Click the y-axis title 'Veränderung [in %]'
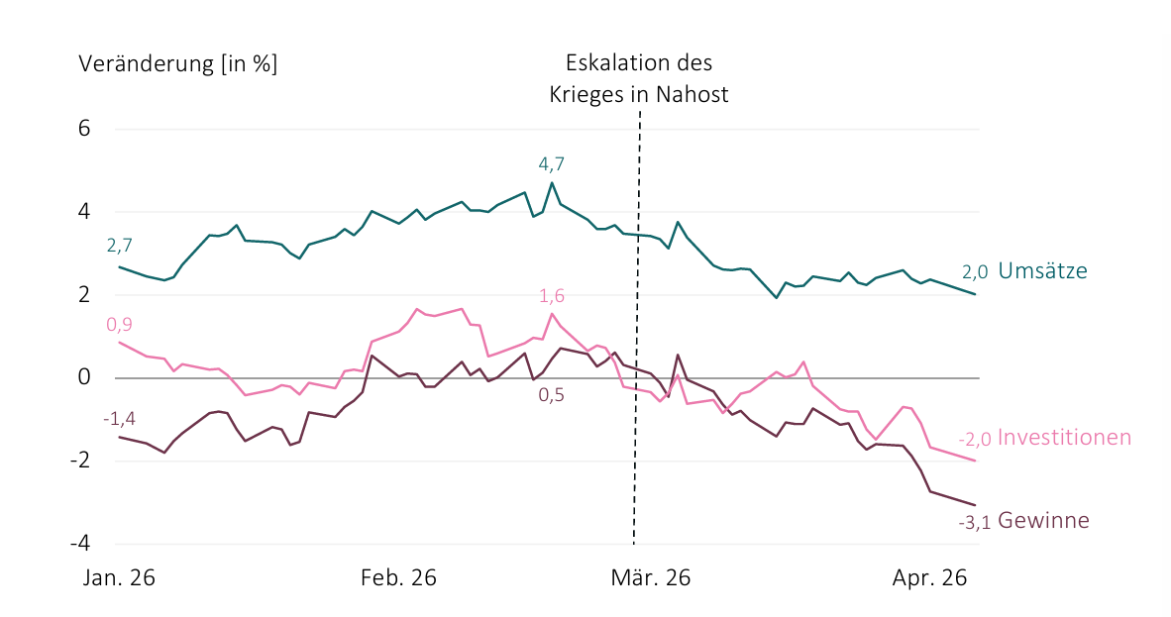[x=177, y=63]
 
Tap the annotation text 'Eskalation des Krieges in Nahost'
[x=639, y=78]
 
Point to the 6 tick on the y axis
[x=83, y=129]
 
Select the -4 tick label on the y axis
[x=80, y=543]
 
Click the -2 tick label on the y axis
[x=80, y=461]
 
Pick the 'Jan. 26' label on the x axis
[x=119, y=578]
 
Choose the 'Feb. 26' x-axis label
[x=398, y=578]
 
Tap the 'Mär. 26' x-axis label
[x=651, y=578]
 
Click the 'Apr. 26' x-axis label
[x=930, y=578]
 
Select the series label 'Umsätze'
[x=1042, y=270]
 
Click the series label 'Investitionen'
[x=1064, y=437]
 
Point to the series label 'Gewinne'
[x=1043, y=520]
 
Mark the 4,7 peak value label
[x=551, y=164]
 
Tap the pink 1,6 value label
[x=551, y=296]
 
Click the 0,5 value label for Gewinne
[x=551, y=395]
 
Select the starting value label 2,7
[x=120, y=246]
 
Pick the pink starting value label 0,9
[x=120, y=324]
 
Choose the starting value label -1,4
[x=120, y=419]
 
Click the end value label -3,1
[x=975, y=522]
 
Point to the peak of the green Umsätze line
[x=552, y=182]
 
